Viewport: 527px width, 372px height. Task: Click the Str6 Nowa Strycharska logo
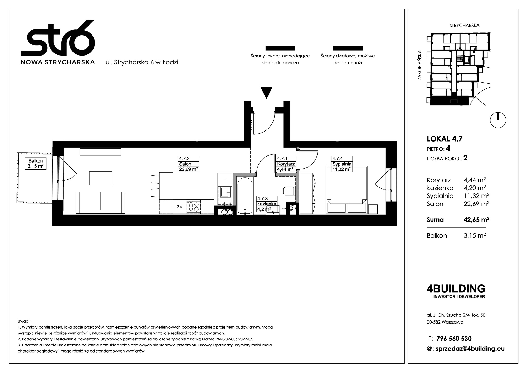[x=58, y=42]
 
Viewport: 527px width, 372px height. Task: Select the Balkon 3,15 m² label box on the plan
[x=36, y=163]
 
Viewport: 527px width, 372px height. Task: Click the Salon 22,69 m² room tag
[x=189, y=164]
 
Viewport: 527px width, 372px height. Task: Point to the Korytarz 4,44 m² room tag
[x=286, y=164]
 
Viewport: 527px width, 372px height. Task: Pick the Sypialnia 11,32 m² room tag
[x=342, y=164]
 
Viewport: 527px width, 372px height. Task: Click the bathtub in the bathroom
[x=245, y=195]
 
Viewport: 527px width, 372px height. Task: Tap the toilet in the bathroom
[x=289, y=191]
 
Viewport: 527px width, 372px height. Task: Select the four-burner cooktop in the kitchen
[x=193, y=207]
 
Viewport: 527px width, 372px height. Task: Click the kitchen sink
[x=225, y=192]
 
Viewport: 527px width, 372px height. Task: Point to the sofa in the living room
[x=101, y=203]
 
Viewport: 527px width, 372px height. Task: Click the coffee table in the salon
[x=101, y=178]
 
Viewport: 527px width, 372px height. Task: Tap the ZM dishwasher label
[x=180, y=207]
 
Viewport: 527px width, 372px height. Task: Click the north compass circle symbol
[x=498, y=120]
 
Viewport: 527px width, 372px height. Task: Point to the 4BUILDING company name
[x=456, y=289]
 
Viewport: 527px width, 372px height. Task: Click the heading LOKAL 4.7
[x=444, y=139]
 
